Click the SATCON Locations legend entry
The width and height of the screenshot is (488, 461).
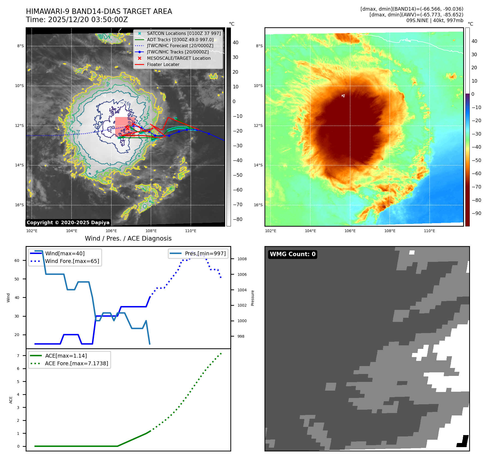[184, 33]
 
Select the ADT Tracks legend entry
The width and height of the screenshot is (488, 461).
[180, 40]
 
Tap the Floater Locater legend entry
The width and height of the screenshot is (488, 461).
[163, 64]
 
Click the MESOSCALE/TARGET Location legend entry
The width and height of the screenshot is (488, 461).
[178, 58]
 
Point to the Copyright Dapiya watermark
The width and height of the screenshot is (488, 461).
[68, 223]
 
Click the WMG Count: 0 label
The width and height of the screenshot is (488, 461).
[293, 254]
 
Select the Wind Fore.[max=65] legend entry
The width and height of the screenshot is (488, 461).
[72, 261]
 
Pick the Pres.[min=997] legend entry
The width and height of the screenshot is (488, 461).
[205, 253]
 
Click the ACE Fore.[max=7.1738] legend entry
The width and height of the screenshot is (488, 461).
[76, 363]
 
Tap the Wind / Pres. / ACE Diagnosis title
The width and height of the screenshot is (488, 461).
[128, 238]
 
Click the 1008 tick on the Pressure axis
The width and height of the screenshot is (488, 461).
[242, 259]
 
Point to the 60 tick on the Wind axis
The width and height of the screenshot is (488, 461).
[17, 261]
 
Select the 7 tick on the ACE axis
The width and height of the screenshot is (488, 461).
[18, 356]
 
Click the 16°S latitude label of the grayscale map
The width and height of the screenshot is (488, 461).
[19, 205]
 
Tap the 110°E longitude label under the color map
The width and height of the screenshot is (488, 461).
[429, 231]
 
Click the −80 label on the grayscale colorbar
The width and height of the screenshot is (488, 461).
[237, 219]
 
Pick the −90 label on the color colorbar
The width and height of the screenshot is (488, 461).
[476, 213]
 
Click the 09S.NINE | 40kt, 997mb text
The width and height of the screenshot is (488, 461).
[435, 20]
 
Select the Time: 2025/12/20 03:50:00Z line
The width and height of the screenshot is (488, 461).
[77, 20]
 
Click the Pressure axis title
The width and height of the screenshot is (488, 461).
[252, 298]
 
